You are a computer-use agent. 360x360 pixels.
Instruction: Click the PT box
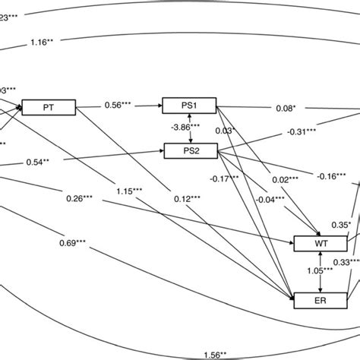(49, 108)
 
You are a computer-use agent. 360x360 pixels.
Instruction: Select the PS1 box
(189, 107)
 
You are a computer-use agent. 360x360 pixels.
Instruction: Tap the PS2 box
(189, 151)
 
